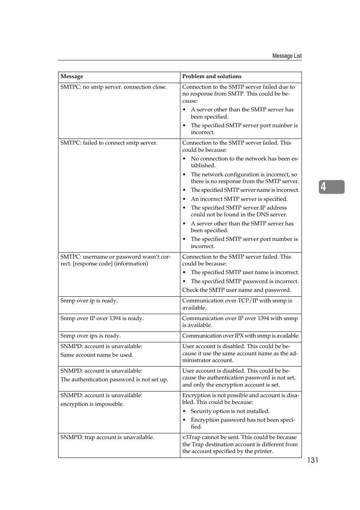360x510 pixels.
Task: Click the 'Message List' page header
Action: click(x=287, y=56)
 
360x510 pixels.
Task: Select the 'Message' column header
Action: click(x=72, y=77)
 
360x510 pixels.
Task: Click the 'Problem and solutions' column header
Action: click(x=212, y=76)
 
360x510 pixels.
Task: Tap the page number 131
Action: click(x=312, y=460)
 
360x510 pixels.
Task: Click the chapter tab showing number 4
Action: click(x=331, y=187)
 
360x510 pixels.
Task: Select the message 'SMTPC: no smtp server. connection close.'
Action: click(x=113, y=87)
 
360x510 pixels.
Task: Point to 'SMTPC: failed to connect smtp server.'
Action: click(x=109, y=143)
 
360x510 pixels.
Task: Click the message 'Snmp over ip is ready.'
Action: click(x=89, y=300)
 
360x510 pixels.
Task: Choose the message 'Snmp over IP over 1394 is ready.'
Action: click(x=102, y=318)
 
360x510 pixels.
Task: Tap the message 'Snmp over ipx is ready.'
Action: click(x=91, y=336)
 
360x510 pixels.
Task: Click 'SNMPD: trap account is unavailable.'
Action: click(x=107, y=437)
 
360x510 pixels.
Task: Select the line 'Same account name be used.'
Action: click(x=97, y=355)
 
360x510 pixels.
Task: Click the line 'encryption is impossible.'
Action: click(x=92, y=404)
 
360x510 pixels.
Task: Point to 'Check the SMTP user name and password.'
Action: click(x=237, y=290)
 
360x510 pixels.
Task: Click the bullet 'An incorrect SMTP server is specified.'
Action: click(x=239, y=199)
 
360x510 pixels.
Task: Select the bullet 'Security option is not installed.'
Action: click(x=230, y=411)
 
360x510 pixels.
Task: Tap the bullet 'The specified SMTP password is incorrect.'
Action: click(x=245, y=281)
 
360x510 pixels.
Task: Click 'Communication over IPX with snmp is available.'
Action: click(x=241, y=336)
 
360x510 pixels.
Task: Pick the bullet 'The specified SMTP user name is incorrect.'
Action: click(x=245, y=272)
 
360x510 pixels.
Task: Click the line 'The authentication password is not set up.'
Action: click(x=114, y=379)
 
